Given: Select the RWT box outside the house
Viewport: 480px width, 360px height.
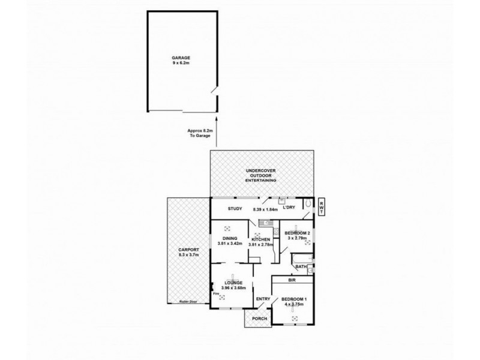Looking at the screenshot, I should pyautogui.click(x=322, y=207).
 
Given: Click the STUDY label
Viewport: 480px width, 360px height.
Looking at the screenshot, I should pyautogui.click(x=234, y=209).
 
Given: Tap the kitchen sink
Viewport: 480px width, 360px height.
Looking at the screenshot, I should pyautogui.click(x=262, y=223).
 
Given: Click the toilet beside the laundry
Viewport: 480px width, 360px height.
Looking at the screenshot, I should pyautogui.click(x=307, y=206).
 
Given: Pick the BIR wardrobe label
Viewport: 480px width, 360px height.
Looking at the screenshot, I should pyautogui.click(x=292, y=280).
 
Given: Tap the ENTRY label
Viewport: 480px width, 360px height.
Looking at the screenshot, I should pyautogui.click(x=262, y=299).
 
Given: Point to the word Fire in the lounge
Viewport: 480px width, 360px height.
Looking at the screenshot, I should pyautogui.click(x=215, y=293).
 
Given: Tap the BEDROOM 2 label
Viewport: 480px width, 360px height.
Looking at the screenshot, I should pyautogui.click(x=297, y=233).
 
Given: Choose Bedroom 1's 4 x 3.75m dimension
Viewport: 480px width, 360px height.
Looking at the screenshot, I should pyautogui.click(x=294, y=304).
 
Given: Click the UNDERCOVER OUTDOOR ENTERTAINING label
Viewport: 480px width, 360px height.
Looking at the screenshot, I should pyautogui.click(x=261, y=175).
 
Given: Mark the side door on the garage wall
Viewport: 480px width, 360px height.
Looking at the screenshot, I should pyautogui.click(x=215, y=94).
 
